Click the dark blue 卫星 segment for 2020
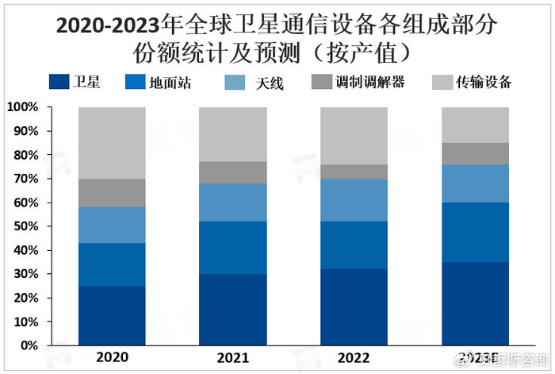[112, 315]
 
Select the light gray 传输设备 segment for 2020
[112, 142]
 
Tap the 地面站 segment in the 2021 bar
[232, 248]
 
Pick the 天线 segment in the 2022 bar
[353, 200]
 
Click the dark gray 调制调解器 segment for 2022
[353, 172]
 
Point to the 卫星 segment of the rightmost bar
[474, 303]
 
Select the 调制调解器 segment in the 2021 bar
[232, 172]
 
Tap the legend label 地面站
[170, 82]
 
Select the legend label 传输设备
[484, 82]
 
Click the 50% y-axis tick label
[24, 226]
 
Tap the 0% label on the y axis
[28, 345]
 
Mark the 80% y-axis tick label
[24, 155]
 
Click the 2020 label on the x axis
[112, 359]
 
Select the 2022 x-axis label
[353, 359]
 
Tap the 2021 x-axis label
[232, 359]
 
